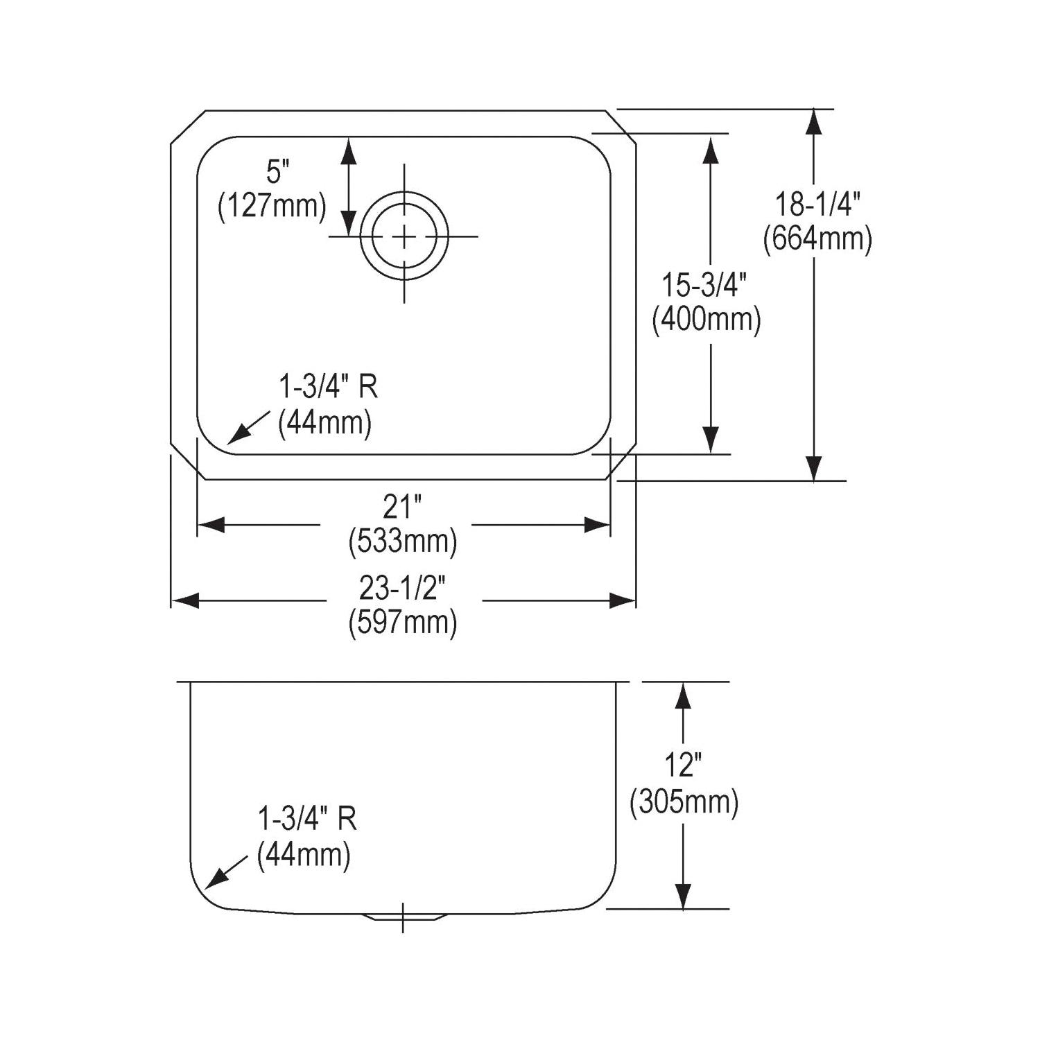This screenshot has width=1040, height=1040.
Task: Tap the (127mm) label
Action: (272, 206)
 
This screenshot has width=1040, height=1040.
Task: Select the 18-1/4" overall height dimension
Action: (817, 205)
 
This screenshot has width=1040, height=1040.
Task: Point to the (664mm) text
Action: (817, 239)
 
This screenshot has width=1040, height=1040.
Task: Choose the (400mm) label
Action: (707, 320)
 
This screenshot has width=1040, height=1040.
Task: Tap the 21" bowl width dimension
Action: (402, 508)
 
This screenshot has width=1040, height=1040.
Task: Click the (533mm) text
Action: (403, 541)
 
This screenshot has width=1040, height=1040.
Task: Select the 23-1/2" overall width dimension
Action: (401, 589)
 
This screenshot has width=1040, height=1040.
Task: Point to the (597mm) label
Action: (403, 622)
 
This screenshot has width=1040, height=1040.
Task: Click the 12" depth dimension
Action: (683, 765)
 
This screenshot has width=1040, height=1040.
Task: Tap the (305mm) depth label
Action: (684, 802)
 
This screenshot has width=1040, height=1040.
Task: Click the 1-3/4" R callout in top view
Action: (328, 387)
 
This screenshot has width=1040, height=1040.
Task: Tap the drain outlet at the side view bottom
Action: (403, 916)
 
